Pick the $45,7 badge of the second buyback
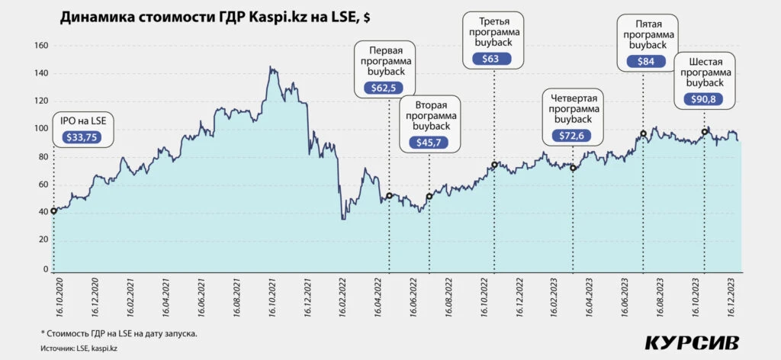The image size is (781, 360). (x=429, y=143)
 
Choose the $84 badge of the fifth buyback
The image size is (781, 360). (x=645, y=61)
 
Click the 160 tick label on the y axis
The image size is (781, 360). (x=40, y=46)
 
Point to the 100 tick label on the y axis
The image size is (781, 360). (x=40, y=129)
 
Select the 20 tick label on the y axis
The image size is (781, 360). (x=43, y=240)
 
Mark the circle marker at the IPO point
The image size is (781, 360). (x=53, y=211)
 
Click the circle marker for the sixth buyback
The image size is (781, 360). (x=705, y=132)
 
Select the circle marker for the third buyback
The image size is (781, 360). (x=494, y=165)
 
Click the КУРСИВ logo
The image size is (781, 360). (x=692, y=342)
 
